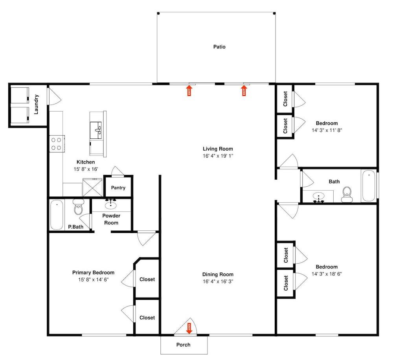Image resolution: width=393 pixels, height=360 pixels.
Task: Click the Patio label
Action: pyautogui.click(x=219, y=47)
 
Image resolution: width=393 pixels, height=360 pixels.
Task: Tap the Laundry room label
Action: pyautogui.click(x=36, y=105)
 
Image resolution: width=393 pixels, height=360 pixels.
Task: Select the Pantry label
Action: pyautogui.click(x=118, y=187)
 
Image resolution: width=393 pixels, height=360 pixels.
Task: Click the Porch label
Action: pyautogui.click(x=183, y=345)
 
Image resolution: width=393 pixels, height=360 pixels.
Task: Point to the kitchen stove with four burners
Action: pyautogui.click(x=56, y=144)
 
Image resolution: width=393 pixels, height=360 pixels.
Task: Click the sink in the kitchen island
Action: pyautogui.click(x=96, y=130)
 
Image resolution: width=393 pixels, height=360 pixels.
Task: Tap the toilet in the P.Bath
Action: pyautogui.click(x=78, y=207)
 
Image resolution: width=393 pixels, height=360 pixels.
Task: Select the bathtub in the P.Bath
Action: pyautogui.click(x=57, y=215)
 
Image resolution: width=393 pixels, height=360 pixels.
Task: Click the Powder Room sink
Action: pyautogui.click(x=110, y=205)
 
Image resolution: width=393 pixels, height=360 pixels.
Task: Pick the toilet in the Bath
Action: pyautogui.click(x=347, y=195)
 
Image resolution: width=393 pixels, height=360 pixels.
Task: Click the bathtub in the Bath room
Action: pyautogui.click(x=369, y=186)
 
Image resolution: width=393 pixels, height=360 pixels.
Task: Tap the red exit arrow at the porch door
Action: pyautogui.click(x=189, y=329)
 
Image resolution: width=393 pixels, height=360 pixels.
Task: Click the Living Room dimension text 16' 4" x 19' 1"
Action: pyautogui.click(x=218, y=156)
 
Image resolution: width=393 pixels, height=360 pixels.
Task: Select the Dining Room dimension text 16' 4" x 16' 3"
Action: pyautogui.click(x=218, y=281)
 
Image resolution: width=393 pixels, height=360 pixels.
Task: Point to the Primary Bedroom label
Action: pyautogui.click(x=93, y=272)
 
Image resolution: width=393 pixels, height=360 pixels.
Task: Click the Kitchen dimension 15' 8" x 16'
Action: pyautogui.click(x=86, y=169)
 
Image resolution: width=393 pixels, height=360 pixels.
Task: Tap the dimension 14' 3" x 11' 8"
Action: pyautogui.click(x=327, y=130)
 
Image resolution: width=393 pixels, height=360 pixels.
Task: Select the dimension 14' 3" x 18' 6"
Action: pyautogui.click(x=327, y=274)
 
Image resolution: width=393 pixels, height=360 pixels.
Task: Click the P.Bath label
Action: pyautogui.click(x=76, y=227)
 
